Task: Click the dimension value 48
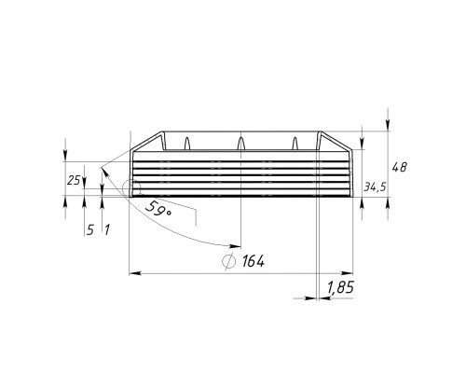pyautogui.click(x=399, y=168)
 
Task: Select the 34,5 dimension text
pyautogui.click(x=375, y=186)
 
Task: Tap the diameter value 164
pyautogui.click(x=254, y=261)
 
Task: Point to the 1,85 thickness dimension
pyautogui.click(x=340, y=288)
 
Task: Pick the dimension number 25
pyautogui.click(x=74, y=180)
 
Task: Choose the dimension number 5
pyautogui.click(x=89, y=230)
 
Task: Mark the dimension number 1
pyautogui.click(x=106, y=230)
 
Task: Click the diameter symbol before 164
pyautogui.click(x=228, y=261)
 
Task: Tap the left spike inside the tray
pyautogui.click(x=187, y=144)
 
